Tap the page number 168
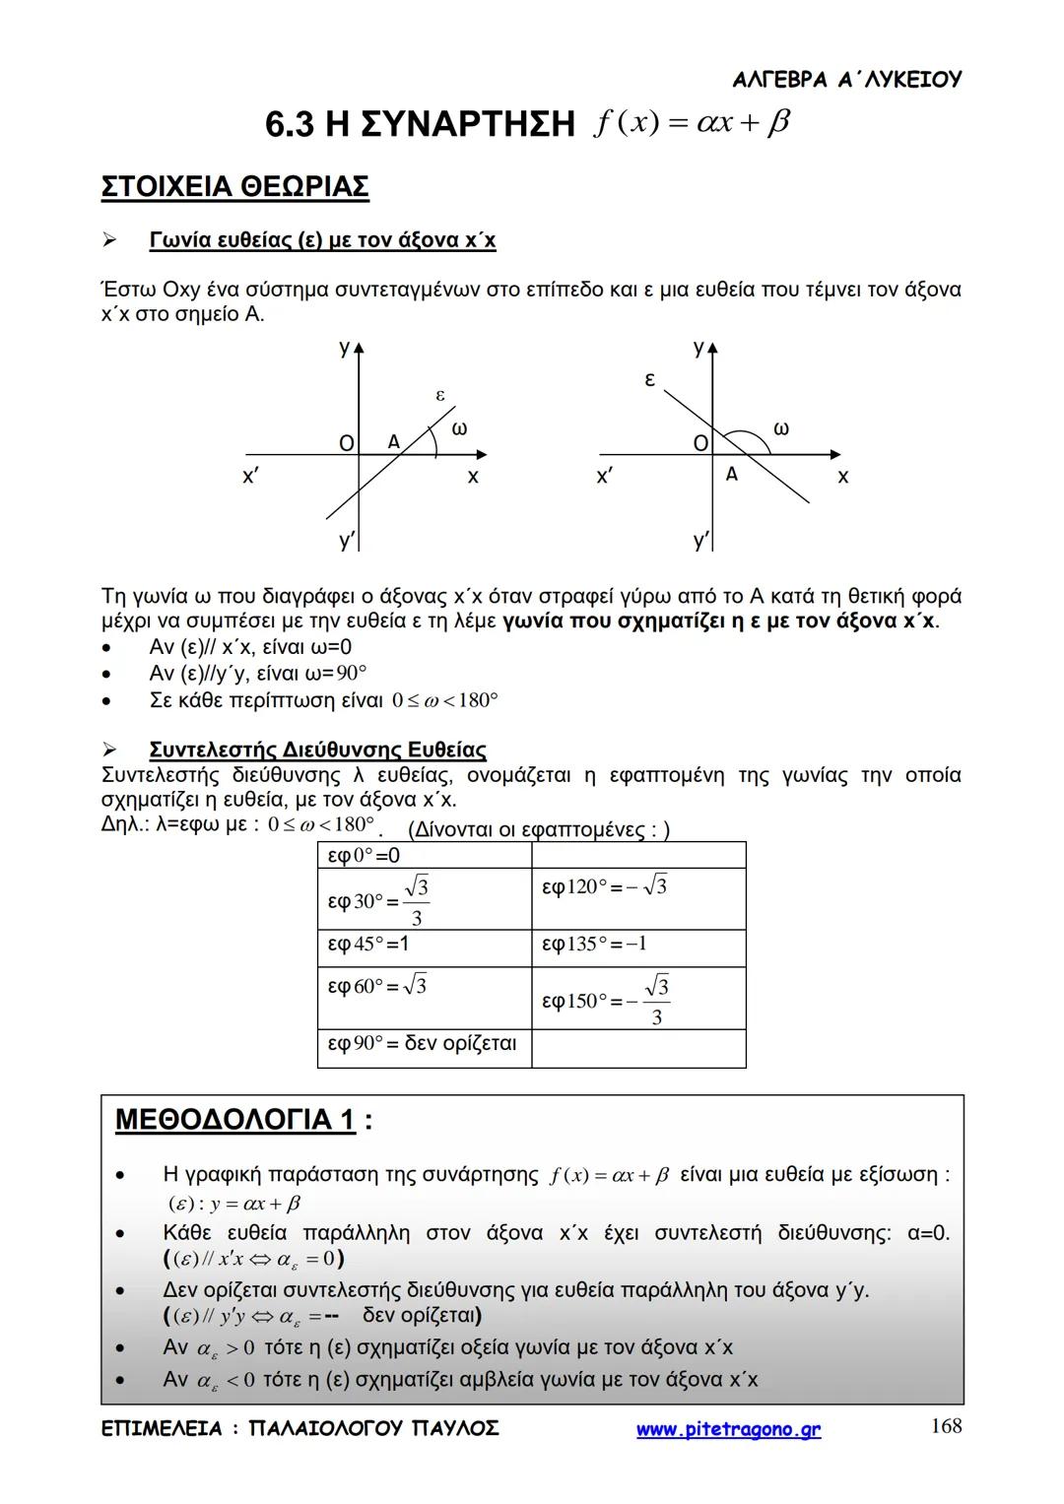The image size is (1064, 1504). coord(946,1426)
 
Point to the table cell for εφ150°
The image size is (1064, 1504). coord(638,999)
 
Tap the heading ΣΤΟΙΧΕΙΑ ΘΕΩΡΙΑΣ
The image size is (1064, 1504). coord(234,187)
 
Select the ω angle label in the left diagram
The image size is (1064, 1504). coord(459,428)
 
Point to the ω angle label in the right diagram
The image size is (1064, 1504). coord(781,428)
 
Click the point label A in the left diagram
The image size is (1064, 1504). coord(394,442)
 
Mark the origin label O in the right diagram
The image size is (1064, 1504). coord(700,443)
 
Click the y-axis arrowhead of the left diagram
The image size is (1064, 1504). coord(360,347)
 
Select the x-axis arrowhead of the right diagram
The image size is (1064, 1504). coord(835,455)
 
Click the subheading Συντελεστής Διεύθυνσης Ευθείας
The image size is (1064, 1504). coord(317,751)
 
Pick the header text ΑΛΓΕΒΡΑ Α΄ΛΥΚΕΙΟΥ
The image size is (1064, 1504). coord(847,80)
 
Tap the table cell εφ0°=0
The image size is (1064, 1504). coord(424,855)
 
